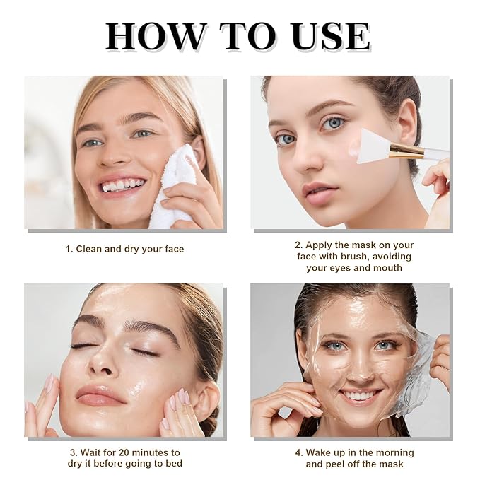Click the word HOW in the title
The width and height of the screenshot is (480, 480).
(x=155, y=36)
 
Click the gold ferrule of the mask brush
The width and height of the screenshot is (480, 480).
(x=407, y=149)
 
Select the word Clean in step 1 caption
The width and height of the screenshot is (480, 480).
(x=89, y=249)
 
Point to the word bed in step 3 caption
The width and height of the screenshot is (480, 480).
(x=175, y=464)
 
